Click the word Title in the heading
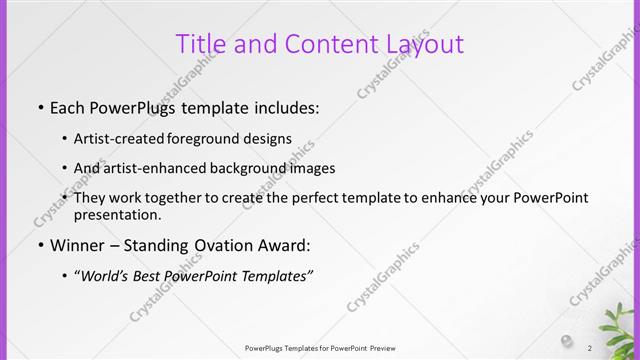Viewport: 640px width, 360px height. pyautogui.click(x=198, y=44)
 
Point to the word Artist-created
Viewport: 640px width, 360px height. pyautogui.click(x=121, y=139)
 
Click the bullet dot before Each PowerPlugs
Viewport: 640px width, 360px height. pyautogui.click(x=40, y=106)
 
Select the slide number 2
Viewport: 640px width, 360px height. pyautogui.click(x=590, y=348)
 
